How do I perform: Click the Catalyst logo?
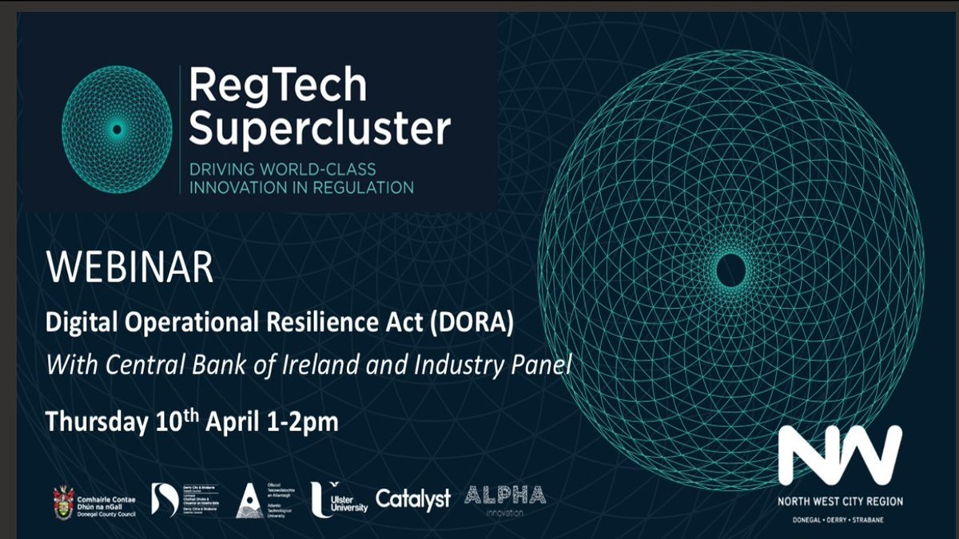(x=413, y=498)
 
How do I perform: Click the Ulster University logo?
(x=340, y=497)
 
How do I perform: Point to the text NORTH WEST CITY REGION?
(x=841, y=501)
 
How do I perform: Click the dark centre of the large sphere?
(x=730, y=271)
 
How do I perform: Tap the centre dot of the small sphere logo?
(x=117, y=129)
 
